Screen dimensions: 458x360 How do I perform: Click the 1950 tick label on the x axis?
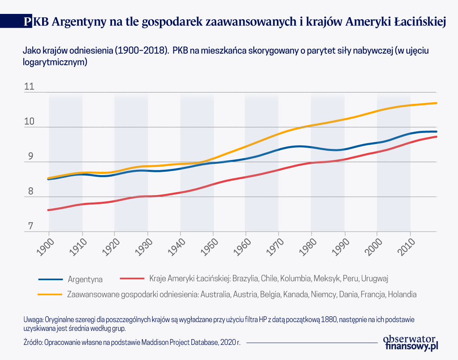[x=210, y=247]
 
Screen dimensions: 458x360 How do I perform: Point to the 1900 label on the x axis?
[x=45, y=247]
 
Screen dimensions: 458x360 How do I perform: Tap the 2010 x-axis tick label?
[x=407, y=247]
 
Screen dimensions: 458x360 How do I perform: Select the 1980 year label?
[x=308, y=247]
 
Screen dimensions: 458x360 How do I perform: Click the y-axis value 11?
[x=29, y=86]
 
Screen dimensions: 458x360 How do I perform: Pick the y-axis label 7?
[x=31, y=226]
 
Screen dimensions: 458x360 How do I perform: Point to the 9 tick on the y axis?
[x=31, y=156]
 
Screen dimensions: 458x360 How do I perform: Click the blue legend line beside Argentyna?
[x=51, y=279]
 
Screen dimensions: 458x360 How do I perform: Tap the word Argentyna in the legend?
[x=85, y=280]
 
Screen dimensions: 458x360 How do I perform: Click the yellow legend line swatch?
[x=50, y=294]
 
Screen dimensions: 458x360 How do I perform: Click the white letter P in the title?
[x=27, y=21]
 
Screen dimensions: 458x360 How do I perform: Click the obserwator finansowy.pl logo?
[x=411, y=343]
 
